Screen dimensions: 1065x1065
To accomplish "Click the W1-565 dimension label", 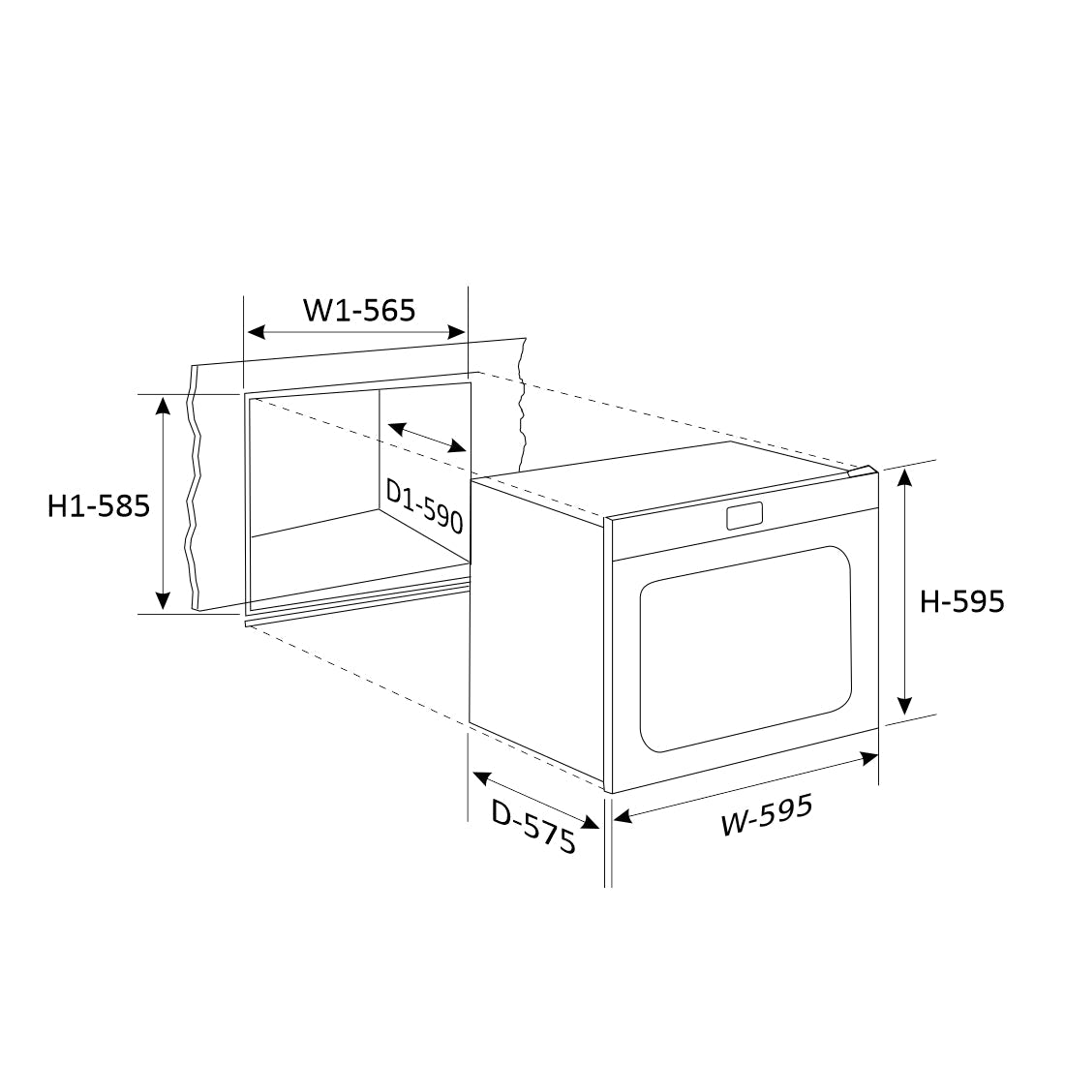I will tap(359, 310).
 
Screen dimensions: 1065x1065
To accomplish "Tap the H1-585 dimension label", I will tap(99, 505).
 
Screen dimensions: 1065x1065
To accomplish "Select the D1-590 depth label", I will tap(425, 505).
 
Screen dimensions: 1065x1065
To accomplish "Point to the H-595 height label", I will tap(961, 601).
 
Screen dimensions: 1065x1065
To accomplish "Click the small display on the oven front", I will tap(743, 517).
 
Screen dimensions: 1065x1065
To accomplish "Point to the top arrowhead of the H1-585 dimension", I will tap(164, 405).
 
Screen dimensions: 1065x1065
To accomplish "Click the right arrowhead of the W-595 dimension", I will tap(868, 758).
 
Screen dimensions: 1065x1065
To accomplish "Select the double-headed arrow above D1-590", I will tap(427, 438).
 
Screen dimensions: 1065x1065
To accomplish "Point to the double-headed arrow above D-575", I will tap(535, 801).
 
